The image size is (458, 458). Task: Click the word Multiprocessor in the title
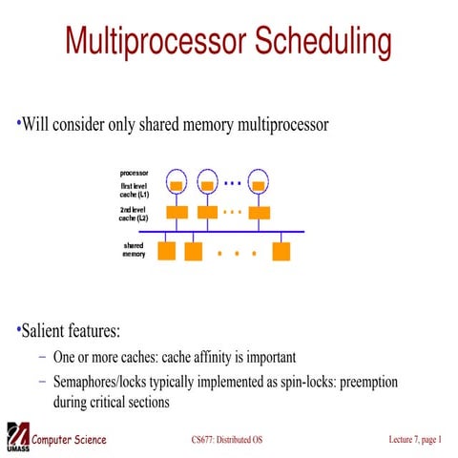point(147,43)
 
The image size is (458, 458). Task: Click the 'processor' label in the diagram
point(134,173)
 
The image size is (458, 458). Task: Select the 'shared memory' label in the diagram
point(134,251)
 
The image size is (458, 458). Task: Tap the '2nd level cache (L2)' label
point(134,213)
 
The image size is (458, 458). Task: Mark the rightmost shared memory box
point(281,252)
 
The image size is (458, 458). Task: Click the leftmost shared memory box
point(166,252)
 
